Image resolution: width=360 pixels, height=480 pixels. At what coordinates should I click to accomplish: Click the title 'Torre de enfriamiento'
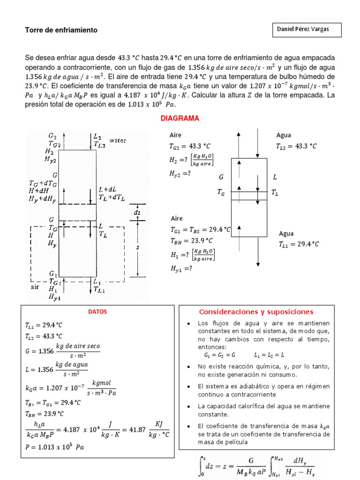pyautogui.click(x=61, y=30)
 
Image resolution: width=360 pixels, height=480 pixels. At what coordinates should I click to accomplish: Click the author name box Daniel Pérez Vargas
pyautogui.click(x=307, y=30)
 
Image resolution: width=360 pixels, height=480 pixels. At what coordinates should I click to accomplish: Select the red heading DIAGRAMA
pyautogui.click(x=180, y=119)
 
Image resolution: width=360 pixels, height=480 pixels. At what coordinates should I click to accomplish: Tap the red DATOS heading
pyautogui.click(x=97, y=312)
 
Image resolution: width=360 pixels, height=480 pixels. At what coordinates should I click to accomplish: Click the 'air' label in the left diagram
pyautogui.click(x=35, y=287)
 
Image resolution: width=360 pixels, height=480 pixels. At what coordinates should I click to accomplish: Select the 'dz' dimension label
pyautogui.click(x=137, y=212)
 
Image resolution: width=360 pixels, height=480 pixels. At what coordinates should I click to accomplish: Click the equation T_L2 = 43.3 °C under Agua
pyautogui.click(x=296, y=146)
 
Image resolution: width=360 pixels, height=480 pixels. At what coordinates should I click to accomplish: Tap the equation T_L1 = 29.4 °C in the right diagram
pyautogui.click(x=299, y=244)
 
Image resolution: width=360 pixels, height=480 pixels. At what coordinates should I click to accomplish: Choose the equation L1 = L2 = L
pyautogui.click(x=269, y=355)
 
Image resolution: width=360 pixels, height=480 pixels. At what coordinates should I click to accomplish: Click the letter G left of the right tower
pyautogui.click(x=221, y=177)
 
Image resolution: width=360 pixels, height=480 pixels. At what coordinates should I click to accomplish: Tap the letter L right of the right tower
pyautogui.click(x=275, y=177)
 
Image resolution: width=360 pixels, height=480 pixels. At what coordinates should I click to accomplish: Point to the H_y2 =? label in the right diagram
pyautogui.click(x=180, y=173)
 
